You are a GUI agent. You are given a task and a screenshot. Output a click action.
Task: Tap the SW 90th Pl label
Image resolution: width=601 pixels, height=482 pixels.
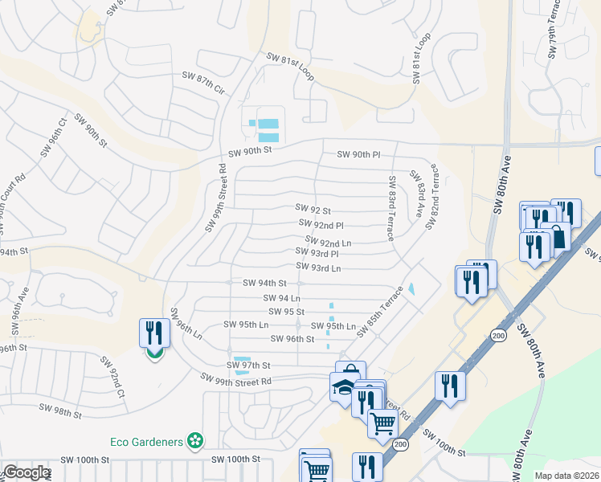358,154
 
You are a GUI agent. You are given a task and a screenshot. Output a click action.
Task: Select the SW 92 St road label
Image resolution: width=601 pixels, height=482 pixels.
313,209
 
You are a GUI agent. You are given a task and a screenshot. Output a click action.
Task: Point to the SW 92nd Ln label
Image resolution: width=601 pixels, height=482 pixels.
329,241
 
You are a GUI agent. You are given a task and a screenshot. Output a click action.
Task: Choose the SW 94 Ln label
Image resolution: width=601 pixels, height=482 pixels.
282,298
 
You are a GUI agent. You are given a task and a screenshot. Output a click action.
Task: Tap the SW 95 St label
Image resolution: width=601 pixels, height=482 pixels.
286,312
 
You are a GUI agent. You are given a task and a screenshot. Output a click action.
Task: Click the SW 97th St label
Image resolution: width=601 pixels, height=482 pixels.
249,366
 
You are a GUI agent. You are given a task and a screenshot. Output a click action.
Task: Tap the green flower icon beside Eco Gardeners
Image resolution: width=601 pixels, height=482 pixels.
194,440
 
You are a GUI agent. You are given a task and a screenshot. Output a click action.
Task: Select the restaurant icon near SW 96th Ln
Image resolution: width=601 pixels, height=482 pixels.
154,333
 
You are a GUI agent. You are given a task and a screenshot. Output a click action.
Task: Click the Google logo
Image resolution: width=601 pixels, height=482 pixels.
27,472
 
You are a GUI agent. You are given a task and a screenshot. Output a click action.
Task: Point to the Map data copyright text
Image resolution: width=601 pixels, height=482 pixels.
566,476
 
